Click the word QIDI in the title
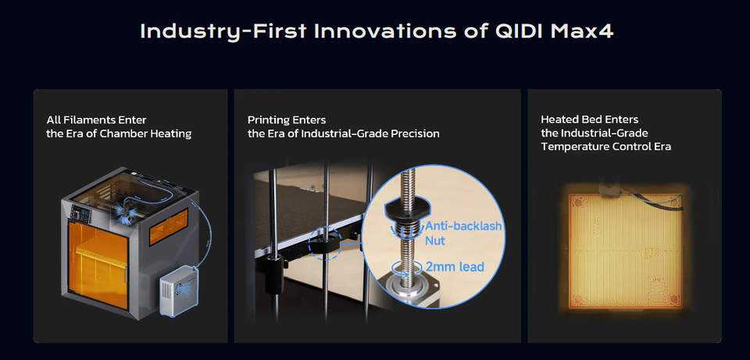point(519,31)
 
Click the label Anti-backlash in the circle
point(463,226)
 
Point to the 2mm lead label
point(455,266)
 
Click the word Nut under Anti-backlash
point(435,240)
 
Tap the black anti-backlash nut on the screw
point(408,208)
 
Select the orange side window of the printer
point(168,226)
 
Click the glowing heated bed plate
point(625,251)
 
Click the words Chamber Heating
point(145,134)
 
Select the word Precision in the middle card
point(415,134)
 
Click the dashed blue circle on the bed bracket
point(326,244)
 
